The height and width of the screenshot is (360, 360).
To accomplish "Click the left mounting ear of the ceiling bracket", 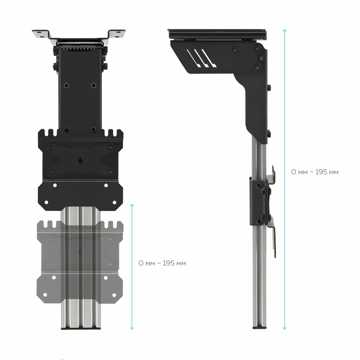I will [x=41, y=34].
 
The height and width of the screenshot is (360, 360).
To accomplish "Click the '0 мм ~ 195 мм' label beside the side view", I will [x=315, y=172].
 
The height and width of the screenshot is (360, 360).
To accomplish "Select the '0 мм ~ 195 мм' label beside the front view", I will [x=162, y=263].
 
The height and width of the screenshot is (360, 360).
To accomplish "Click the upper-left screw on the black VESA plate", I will [x=51, y=147].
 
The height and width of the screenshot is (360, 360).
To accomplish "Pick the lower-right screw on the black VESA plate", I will [x=110, y=172].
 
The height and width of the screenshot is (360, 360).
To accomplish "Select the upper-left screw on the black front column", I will [x=65, y=85].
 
